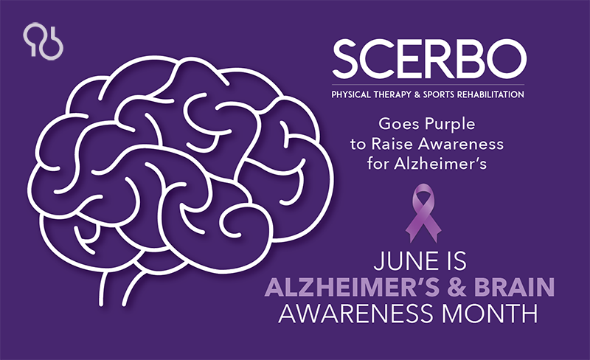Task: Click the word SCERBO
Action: click(x=429, y=59)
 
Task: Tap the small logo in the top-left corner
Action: click(x=43, y=41)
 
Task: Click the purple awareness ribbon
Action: click(x=423, y=212)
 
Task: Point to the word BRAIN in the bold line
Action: click(x=514, y=287)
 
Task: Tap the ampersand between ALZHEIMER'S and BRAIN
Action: click(x=456, y=287)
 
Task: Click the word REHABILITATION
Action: click(x=490, y=94)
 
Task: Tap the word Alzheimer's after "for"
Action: click(x=440, y=164)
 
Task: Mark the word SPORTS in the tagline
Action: click(x=438, y=94)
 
